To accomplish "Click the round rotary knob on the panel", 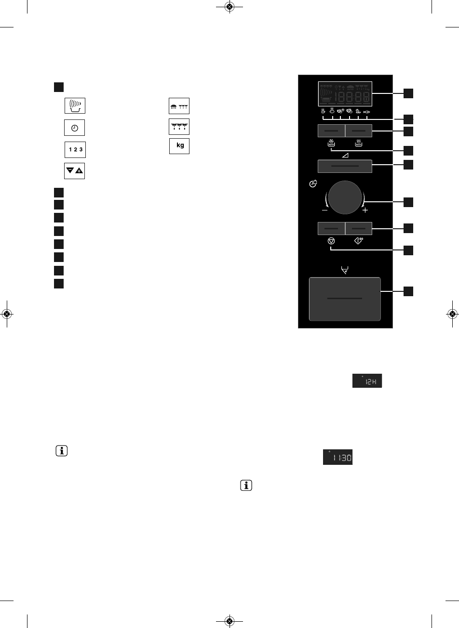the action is (x=345, y=197).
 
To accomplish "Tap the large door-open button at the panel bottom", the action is (x=345, y=299).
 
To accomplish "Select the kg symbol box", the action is (x=179, y=146).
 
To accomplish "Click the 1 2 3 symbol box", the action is (x=75, y=150).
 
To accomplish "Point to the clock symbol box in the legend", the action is (x=75, y=128).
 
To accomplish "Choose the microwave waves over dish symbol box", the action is (x=75, y=105).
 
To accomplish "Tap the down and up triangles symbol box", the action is (x=75, y=171).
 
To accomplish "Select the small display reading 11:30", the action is (x=337, y=457).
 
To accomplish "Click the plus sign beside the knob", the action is (x=365, y=210).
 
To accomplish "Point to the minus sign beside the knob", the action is (x=325, y=210).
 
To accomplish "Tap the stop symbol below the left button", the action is (x=330, y=240).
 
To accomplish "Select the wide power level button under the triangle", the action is (x=345, y=166).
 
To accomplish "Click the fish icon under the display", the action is (x=367, y=112).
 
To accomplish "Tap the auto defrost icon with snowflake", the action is (x=331, y=143).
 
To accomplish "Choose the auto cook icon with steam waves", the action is (x=358, y=143).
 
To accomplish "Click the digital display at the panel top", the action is (x=345, y=93).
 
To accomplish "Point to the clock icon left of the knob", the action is (x=313, y=184).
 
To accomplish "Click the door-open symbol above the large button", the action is (x=344, y=271).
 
